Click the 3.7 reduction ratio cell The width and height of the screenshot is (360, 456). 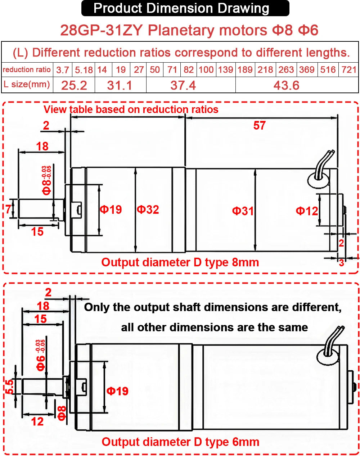[x=63, y=70]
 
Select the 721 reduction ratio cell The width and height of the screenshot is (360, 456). [x=349, y=69]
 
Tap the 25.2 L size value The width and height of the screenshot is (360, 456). [x=74, y=86]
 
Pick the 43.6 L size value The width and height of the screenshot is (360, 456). [x=286, y=86]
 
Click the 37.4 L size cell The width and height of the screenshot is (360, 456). [x=183, y=86]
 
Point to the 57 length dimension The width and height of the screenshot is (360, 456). [x=260, y=126]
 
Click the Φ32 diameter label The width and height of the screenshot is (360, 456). [x=148, y=209]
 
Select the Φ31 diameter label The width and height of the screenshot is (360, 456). [x=243, y=211]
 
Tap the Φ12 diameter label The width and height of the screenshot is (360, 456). [x=307, y=211]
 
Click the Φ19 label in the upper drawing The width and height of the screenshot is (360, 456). [x=111, y=209]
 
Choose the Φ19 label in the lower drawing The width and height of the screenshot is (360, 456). [x=117, y=391]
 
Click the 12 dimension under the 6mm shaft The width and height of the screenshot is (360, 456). [x=37, y=421]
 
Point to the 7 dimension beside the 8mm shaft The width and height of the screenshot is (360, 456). [x=8, y=209]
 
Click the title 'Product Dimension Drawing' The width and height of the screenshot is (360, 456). [x=181, y=8]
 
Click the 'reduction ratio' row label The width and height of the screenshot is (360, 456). [x=27, y=70]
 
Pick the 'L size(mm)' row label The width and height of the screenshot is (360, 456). [x=27, y=85]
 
